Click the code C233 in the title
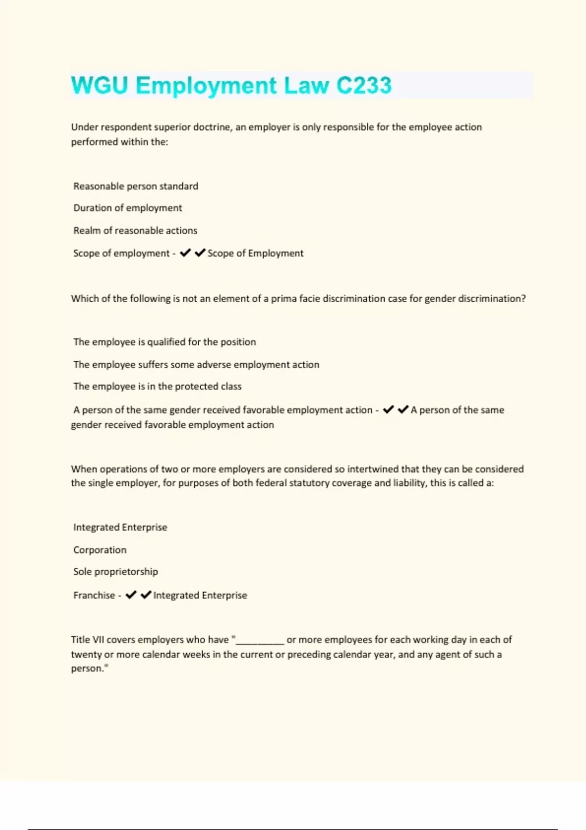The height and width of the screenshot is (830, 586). click(364, 85)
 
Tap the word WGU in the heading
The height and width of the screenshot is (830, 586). click(99, 85)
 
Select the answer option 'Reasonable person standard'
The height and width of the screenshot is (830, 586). click(136, 186)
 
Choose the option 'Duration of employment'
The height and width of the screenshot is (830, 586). click(127, 208)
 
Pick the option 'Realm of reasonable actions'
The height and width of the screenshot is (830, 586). click(135, 230)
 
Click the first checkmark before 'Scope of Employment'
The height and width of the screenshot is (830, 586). click(185, 253)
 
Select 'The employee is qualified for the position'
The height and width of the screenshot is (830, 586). click(165, 342)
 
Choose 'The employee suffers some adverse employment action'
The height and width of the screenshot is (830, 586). click(196, 365)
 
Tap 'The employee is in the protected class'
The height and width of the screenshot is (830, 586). click(157, 386)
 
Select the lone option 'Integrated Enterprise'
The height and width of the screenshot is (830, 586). click(120, 527)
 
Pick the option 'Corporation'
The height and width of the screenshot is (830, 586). click(100, 550)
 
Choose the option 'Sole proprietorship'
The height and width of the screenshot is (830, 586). click(115, 571)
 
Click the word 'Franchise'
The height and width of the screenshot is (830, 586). click(94, 595)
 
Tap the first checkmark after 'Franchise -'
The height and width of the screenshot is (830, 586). click(131, 595)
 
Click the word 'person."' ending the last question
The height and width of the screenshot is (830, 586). click(89, 668)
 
